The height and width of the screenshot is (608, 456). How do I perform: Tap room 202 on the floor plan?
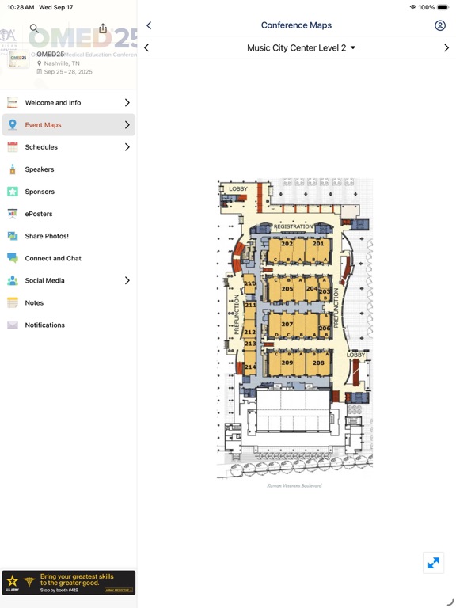287,244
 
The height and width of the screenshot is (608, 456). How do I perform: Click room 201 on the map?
318,244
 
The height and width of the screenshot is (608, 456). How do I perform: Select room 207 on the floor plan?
287,325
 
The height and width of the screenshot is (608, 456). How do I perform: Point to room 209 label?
287,363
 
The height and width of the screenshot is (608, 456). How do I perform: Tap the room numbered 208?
318,363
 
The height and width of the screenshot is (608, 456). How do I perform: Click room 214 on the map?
250,367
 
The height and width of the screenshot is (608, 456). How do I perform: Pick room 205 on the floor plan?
287,289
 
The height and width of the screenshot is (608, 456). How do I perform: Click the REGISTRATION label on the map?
294,226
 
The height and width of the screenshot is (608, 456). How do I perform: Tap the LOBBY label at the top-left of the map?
238,189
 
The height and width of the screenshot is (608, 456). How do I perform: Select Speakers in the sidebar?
40,169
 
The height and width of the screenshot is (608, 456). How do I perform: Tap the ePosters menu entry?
39,214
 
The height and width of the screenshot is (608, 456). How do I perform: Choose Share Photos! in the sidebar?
47,236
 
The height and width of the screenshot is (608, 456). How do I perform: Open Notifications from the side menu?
44,325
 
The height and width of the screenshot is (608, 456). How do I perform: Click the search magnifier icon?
34,28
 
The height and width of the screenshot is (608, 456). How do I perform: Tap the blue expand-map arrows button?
433,563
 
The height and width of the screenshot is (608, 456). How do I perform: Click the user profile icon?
440,25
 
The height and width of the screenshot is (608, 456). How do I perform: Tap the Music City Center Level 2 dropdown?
301,48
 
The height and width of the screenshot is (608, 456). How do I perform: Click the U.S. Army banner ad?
68,583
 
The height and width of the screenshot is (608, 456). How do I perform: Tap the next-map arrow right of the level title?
446,48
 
